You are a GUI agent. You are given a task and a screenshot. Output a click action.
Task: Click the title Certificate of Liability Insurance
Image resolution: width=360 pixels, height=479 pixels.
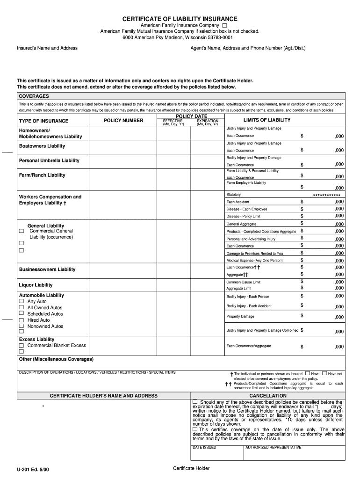click(180, 19)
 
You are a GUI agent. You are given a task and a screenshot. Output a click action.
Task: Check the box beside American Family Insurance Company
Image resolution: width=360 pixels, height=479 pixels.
click(225, 25)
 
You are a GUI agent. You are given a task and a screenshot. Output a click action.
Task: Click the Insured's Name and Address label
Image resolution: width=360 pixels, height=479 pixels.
click(47, 48)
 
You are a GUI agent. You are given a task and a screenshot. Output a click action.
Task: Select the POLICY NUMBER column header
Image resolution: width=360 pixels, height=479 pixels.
click(123, 121)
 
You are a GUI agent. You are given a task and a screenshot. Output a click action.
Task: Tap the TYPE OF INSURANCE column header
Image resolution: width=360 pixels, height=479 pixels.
click(43, 121)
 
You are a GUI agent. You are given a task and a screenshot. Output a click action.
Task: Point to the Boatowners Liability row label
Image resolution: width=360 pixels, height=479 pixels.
click(42, 146)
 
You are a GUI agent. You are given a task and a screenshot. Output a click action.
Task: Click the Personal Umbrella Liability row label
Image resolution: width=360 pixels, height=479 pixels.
click(49, 160)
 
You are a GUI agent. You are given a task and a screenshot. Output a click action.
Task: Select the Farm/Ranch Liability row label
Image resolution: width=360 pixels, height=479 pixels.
click(42, 175)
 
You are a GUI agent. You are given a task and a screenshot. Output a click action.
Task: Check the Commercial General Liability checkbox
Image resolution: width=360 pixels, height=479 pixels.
click(22, 231)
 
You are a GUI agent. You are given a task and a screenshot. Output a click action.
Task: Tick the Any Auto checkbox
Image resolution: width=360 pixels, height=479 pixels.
click(22, 302)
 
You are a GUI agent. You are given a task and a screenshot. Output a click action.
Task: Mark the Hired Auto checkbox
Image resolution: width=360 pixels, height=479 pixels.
click(22, 320)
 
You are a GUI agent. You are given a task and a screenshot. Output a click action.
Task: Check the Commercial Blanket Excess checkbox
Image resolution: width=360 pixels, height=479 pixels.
click(22, 346)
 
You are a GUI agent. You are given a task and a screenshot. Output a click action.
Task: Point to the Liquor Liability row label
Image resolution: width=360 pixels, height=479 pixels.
click(36, 285)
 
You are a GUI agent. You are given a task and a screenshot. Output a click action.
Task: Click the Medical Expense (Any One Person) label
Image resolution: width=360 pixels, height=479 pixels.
click(254, 261)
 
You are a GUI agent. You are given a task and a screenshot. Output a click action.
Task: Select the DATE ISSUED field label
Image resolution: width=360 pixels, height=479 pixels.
click(204, 448)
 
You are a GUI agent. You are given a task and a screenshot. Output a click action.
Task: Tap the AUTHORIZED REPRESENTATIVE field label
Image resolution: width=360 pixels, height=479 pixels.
click(273, 448)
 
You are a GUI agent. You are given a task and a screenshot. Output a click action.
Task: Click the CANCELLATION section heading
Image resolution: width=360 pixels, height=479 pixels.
click(268, 396)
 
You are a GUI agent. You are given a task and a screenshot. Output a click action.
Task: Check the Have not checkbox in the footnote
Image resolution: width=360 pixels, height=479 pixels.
click(324, 374)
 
